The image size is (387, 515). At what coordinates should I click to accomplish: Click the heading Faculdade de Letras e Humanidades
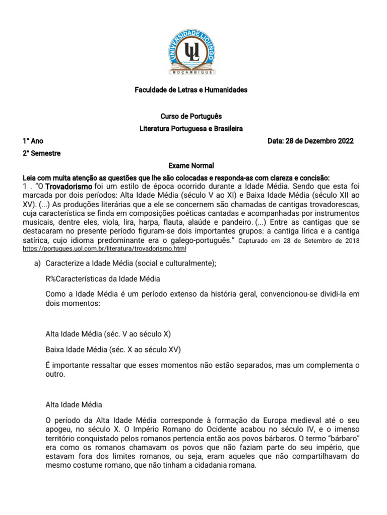click(191, 90)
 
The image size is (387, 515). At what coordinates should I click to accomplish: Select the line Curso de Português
click(191, 116)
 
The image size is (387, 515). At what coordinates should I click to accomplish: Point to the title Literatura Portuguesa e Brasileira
click(191, 129)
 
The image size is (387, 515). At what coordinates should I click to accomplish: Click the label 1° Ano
click(33, 141)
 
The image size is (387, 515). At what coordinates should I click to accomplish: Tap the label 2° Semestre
click(42, 153)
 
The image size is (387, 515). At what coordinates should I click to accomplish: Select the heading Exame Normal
click(191, 165)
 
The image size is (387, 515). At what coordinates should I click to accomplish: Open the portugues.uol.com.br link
click(105, 248)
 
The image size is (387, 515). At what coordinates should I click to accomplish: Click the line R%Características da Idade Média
click(103, 279)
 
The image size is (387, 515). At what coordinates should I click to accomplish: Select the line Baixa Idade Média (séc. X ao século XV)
click(113, 350)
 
